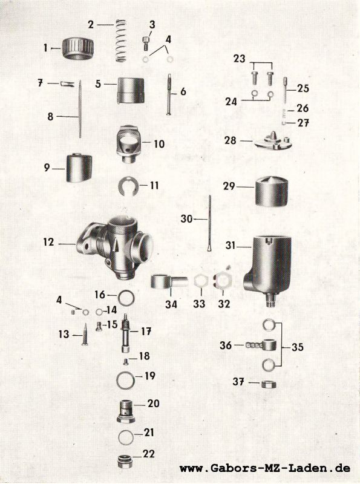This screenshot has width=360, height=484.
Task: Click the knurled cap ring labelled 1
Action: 78,48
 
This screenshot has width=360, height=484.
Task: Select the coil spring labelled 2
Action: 121,41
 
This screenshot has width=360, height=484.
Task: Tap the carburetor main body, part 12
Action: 115,246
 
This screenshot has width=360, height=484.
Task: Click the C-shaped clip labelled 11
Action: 127,186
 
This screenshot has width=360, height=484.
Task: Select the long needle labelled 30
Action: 210,223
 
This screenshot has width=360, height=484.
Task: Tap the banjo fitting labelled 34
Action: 169,282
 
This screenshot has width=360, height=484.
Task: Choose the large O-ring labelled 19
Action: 126,380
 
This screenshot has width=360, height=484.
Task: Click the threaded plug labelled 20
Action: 126,411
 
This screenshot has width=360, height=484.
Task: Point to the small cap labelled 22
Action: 126,461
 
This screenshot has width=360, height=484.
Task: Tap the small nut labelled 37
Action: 268,385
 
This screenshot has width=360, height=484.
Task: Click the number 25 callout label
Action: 303,88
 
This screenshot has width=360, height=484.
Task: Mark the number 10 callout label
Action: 159,144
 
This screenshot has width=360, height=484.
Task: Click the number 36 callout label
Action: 226,345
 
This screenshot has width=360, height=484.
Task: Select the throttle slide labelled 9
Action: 79,168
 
